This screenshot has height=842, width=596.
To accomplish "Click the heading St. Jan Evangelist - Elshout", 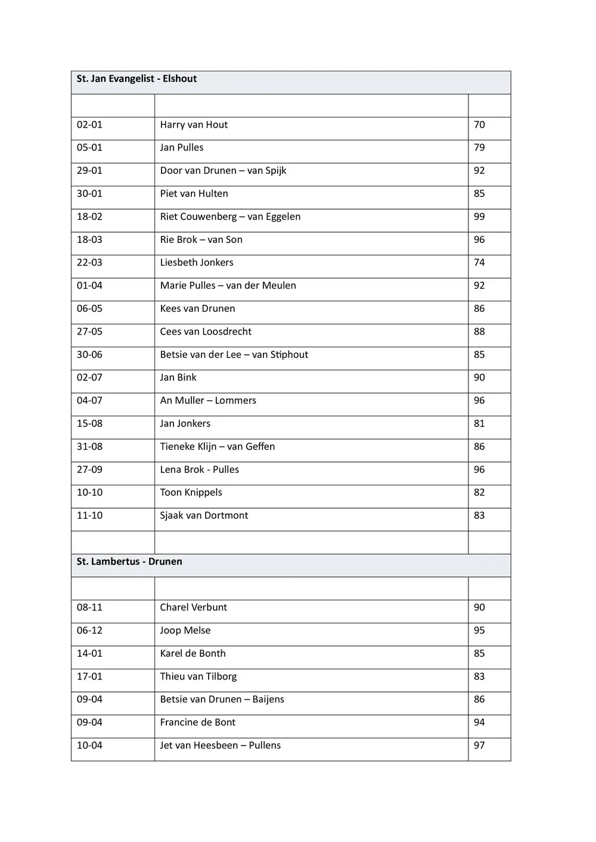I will coord(136,79).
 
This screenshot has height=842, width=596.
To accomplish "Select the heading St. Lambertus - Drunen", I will coord(129,562).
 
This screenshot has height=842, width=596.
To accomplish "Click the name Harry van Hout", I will coord(194,124).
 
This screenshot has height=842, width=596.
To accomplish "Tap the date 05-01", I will coord(89,148).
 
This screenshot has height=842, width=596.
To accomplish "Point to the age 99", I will coord(479,217).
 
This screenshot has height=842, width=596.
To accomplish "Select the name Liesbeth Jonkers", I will coord(197,263).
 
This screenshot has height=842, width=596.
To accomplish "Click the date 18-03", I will coord(89,239).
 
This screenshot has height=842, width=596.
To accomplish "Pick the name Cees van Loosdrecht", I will coord(206,332).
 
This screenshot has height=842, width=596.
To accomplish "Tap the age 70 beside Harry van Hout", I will coord(479,124).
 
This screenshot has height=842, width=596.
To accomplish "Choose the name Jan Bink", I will coord(178,378).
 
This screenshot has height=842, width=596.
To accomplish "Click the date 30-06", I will coord(89,355).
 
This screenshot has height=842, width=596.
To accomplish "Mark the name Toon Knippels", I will coord(191,492).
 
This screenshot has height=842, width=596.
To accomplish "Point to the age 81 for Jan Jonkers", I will coord(479,423).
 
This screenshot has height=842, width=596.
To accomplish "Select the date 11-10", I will coord(89,516).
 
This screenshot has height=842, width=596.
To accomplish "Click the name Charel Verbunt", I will coord(193,607).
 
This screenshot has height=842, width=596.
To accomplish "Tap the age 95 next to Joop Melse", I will coord(479,631).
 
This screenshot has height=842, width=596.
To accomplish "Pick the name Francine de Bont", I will coord(197,722).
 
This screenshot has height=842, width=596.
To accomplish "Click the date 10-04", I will coord(89,746).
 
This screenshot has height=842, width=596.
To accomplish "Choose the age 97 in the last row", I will coord(479,746).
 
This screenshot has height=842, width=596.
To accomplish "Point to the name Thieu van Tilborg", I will coord(198,676).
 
